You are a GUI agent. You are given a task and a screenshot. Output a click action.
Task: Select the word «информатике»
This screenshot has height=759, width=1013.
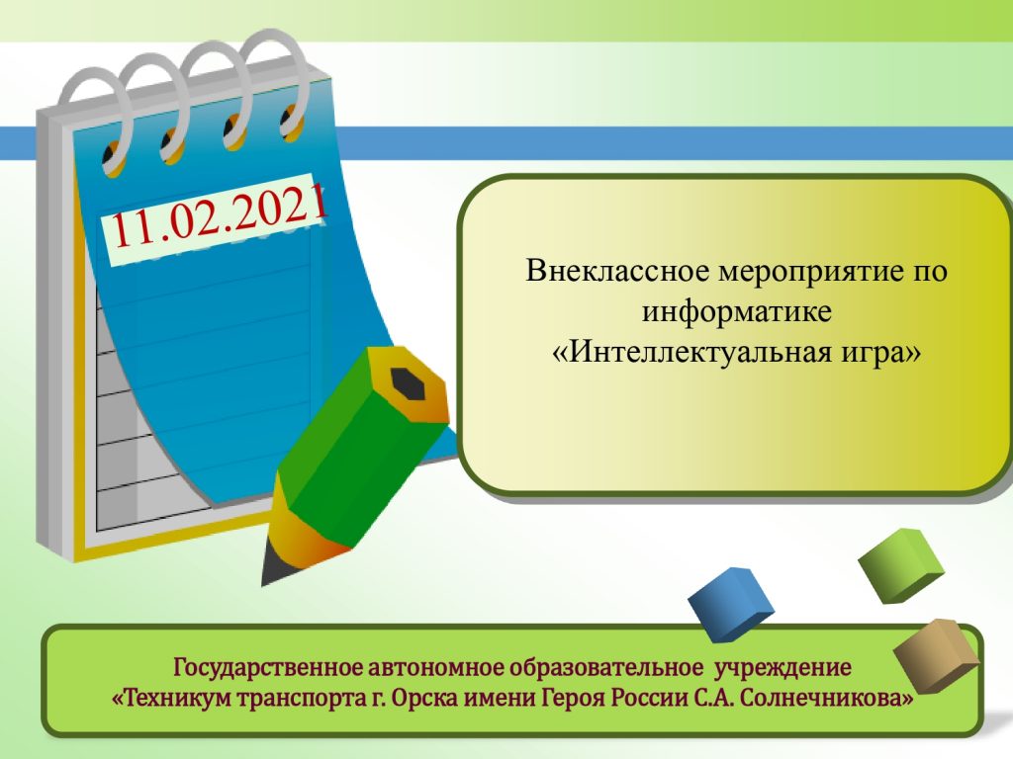tap(736, 311)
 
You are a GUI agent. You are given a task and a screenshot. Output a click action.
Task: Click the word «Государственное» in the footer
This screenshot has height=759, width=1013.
tap(267, 667)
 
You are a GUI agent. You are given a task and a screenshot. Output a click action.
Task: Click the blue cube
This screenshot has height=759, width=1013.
tap(731, 604)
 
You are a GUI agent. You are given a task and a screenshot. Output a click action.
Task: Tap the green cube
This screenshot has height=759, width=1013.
tap(902, 565)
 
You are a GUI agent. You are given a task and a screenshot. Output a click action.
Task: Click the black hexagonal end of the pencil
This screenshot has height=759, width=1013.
tap(408, 384)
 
